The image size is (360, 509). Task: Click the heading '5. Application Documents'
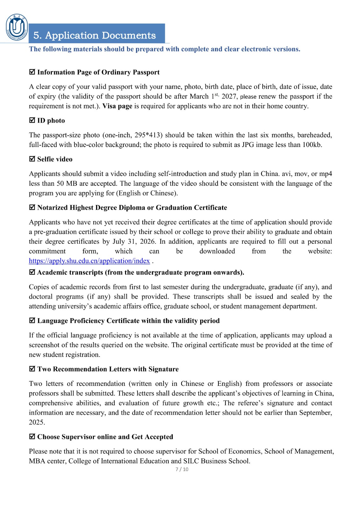[x=95, y=35]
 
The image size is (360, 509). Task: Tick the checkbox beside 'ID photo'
[x=32, y=121]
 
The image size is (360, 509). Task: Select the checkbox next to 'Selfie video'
[x=32, y=159]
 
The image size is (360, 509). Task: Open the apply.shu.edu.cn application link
[x=89, y=261]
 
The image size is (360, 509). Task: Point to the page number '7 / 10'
[x=182, y=469]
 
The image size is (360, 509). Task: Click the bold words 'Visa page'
[x=117, y=106]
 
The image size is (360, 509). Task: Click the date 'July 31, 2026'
[x=134, y=241]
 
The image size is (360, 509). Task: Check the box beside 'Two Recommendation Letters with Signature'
[x=32, y=369]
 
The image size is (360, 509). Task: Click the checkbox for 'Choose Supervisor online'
[x=32, y=437]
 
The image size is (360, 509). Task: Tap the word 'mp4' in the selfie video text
[x=326, y=174]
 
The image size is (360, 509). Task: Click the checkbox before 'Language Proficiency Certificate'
[x=32, y=321]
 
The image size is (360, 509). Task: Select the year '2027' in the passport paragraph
[x=229, y=96]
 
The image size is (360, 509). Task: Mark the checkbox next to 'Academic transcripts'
[x=32, y=272]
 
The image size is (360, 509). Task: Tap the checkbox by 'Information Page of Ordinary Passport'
[x=32, y=72]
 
